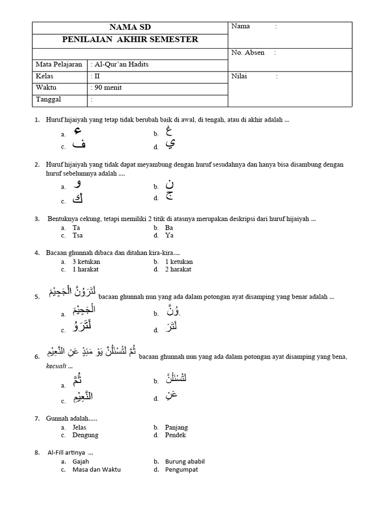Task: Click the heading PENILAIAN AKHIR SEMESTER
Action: (x=130, y=40)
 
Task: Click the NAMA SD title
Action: (x=130, y=27)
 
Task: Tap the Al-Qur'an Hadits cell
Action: (x=122, y=64)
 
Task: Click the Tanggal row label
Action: (x=49, y=99)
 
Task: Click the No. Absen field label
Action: (x=248, y=53)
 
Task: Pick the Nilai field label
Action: (x=240, y=76)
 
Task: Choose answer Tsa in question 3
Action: (x=78, y=236)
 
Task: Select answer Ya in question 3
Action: (x=169, y=236)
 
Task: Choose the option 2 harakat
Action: (x=179, y=269)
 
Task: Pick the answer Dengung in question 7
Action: (x=85, y=435)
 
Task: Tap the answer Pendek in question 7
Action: (x=176, y=435)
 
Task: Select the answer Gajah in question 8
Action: (x=81, y=461)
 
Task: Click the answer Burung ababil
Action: (x=185, y=461)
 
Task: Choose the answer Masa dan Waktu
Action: (x=96, y=469)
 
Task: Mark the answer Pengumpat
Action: (x=182, y=469)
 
